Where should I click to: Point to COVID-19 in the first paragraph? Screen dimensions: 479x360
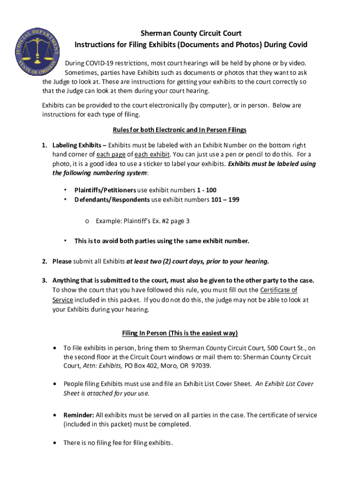click(x=94, y=63)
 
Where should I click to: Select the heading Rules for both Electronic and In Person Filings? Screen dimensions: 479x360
click(x=180, y=130)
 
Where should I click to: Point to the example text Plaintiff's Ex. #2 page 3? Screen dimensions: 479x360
click(x=142, y=221)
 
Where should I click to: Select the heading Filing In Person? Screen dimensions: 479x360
click(x=180, y=333)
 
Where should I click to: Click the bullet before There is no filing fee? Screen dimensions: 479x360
click(x=55, y=443)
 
